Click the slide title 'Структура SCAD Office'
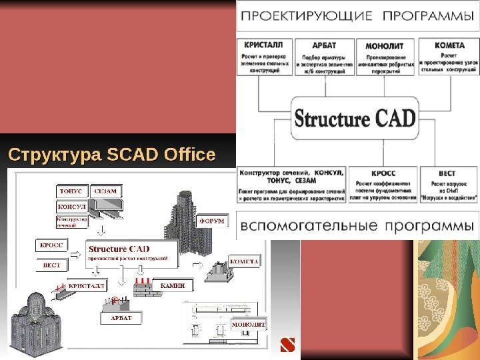pyautogui.click(x=111, y=156)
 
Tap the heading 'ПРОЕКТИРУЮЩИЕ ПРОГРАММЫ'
pyautogui.click(x=358, y=15)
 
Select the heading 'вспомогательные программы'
pyautogui.click(x=358, y=225)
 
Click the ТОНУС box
pyautogui.click(x=70, y=191)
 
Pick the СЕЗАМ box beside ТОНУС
pyautogui.click(x=105, y=191)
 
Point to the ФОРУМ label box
pyautogui.click(x=211, y=221)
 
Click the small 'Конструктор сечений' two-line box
pyautogui.click(x=70, y=222)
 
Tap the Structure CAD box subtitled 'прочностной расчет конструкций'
pyautogui.click(x=132, y=253)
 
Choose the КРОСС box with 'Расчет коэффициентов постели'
pyautogui.click(x=385, y=185)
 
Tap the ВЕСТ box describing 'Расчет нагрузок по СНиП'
pyautogui.click(x=448, y=185)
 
